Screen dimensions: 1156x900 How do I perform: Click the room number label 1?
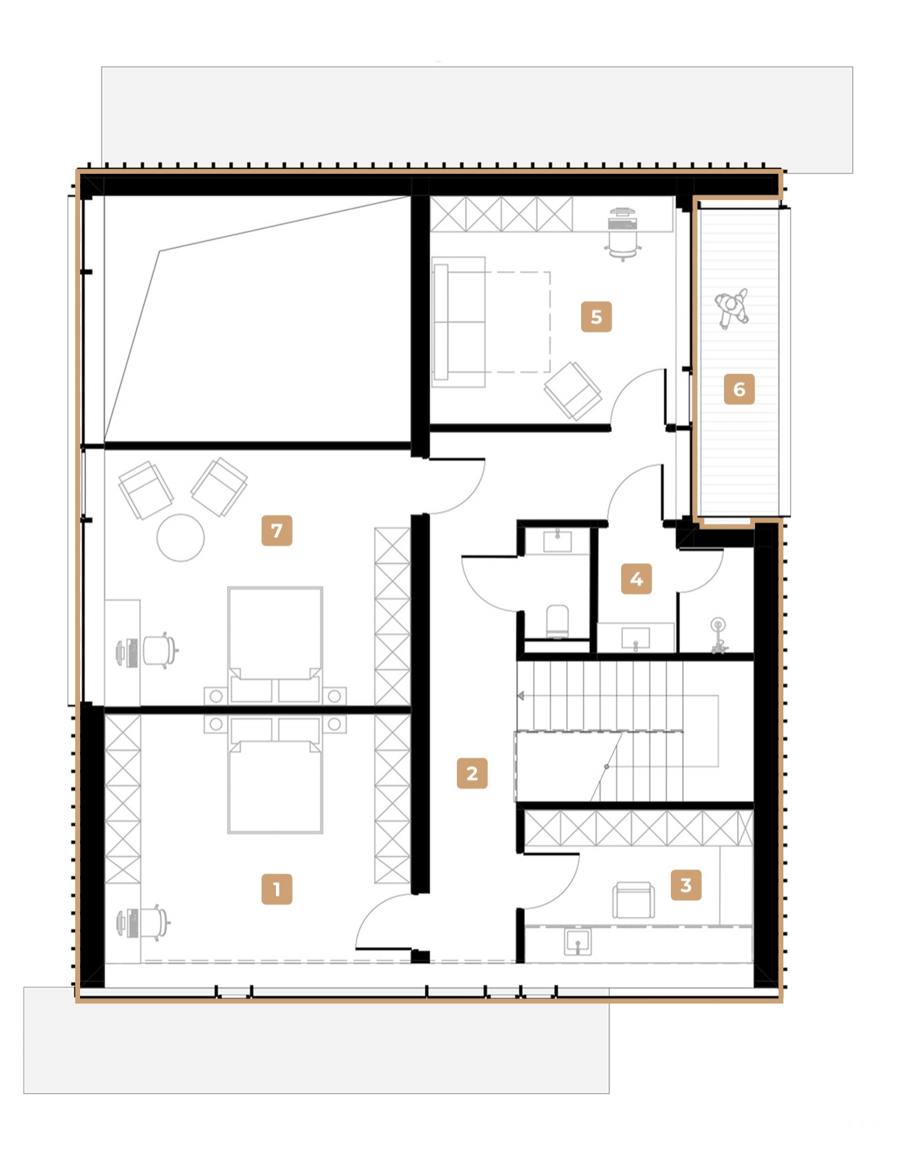[276, 889]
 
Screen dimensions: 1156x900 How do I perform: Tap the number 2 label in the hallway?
[472, 773]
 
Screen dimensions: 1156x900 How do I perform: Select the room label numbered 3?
[685, 885]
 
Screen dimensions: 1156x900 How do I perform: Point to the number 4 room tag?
[636, 579]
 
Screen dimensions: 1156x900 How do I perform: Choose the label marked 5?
[596, 317]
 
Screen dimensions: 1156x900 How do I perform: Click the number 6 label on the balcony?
[738, 389]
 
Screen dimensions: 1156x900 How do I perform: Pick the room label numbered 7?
[276, 531]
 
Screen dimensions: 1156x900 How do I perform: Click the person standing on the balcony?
[731, 307]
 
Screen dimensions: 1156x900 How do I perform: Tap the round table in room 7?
[180, 538]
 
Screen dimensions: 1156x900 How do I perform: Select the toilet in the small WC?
[557, 620]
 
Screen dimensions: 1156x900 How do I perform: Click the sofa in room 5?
[459, 321]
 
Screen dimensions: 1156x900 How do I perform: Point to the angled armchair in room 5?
[572, 390]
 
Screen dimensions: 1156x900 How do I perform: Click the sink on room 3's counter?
[577, 941]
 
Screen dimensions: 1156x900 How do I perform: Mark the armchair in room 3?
[633, 899]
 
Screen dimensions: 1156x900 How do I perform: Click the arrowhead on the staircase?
[521, 696]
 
